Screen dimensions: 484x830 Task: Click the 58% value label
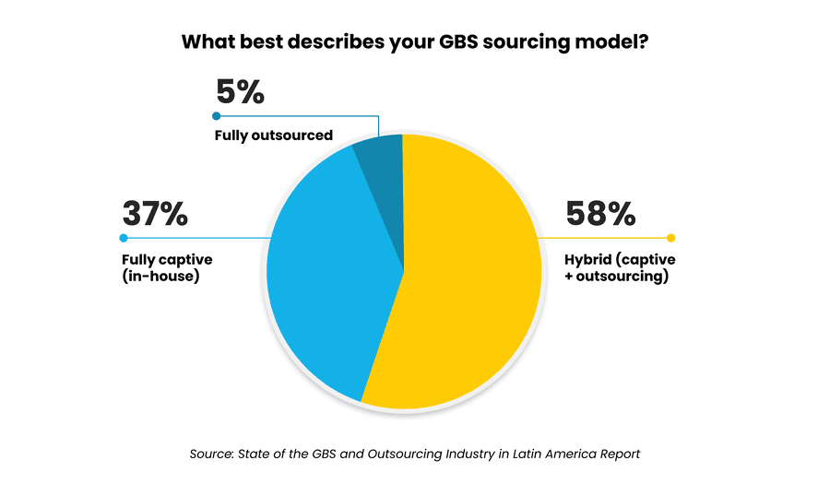click(x=600, y=214)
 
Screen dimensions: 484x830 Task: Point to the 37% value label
click(x=155, y=214)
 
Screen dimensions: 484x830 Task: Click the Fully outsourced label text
click(x=273, y=136)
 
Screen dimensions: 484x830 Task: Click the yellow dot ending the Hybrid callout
click(x=670, y=238)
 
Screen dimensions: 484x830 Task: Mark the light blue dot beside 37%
click(x=124, y=238)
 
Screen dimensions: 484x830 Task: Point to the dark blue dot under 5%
click(x=217, y=115)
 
